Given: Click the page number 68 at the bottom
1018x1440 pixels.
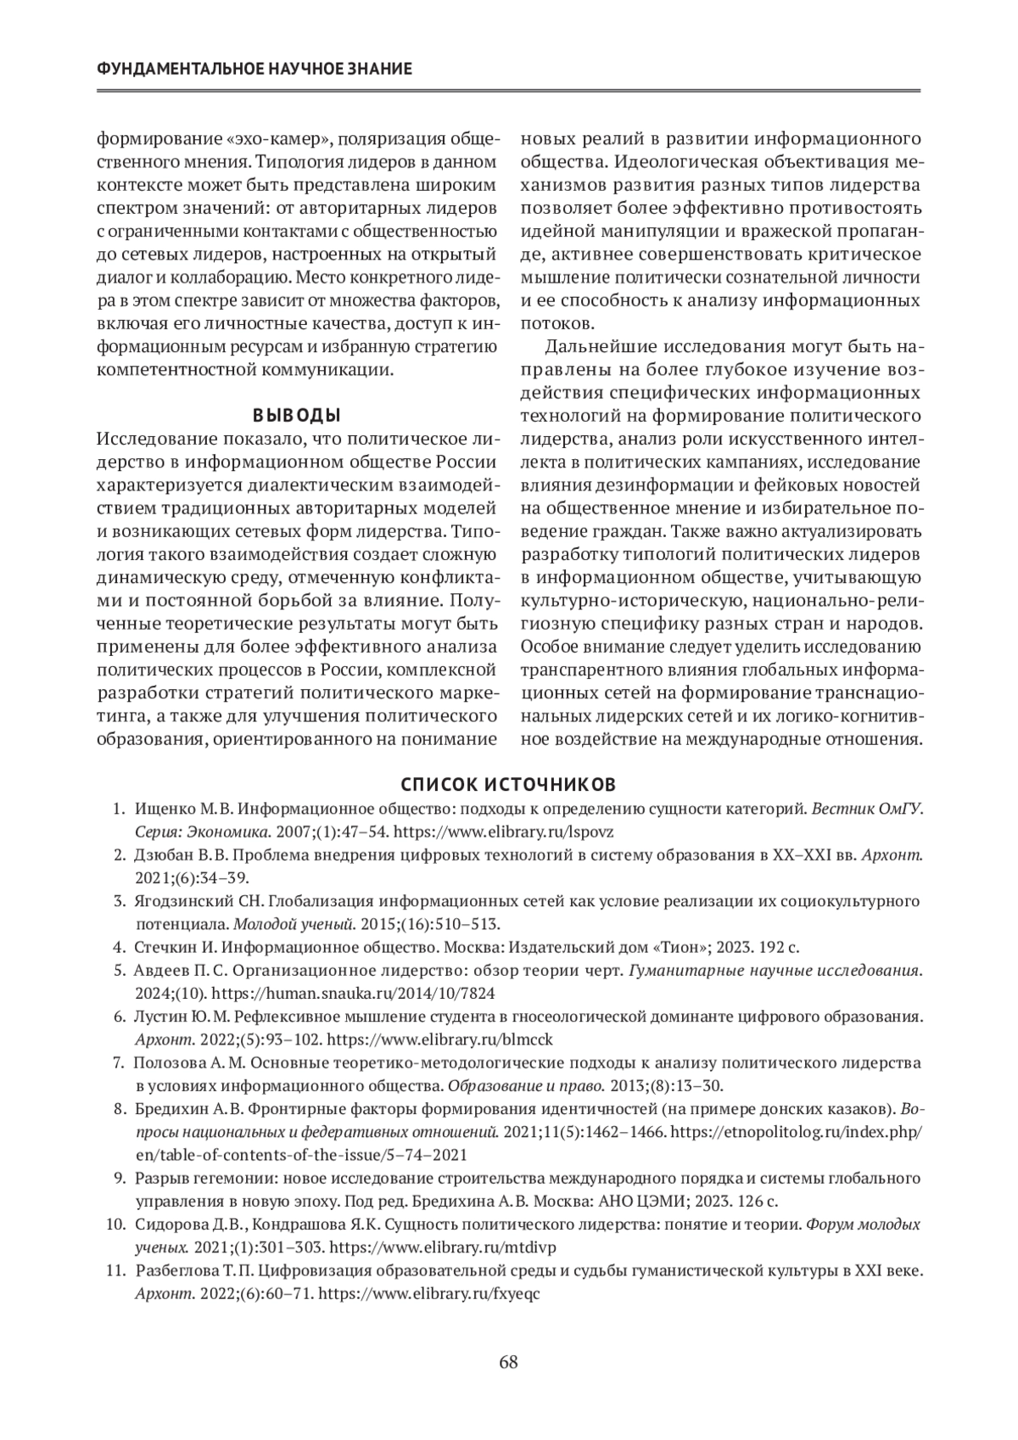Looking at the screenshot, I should (x=509, y=1363).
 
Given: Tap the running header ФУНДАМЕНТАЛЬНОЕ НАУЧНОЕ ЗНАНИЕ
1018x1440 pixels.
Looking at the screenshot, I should (x=255, y=69).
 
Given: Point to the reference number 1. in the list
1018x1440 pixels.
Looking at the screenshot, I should (x=120, y=809).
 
